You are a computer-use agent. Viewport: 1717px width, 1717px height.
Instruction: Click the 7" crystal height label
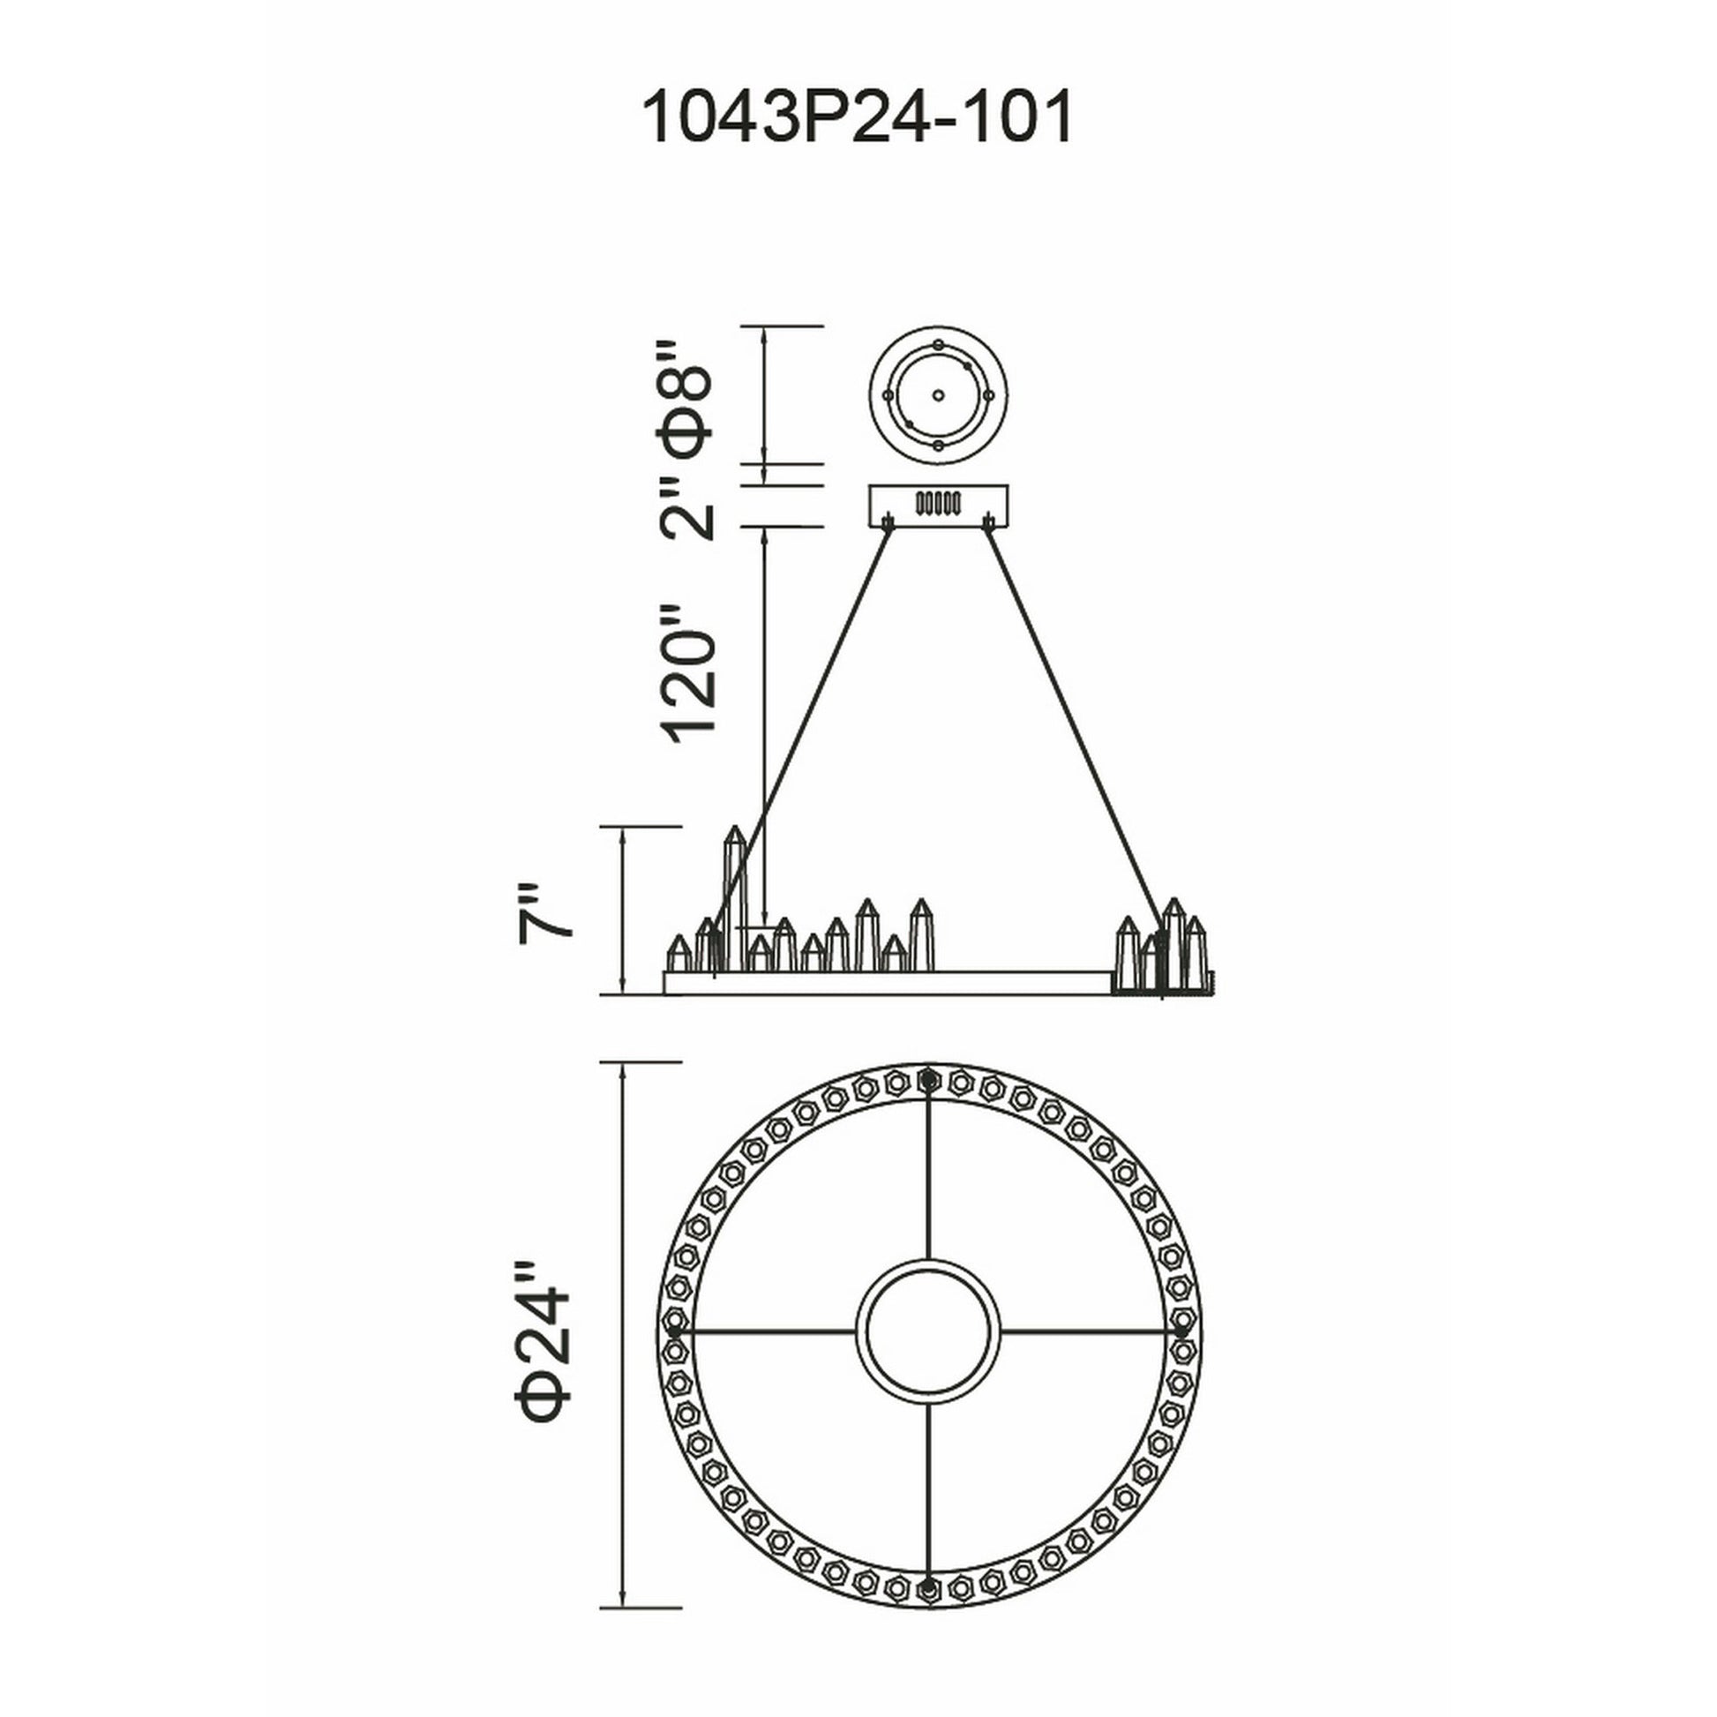[x=544, y=911]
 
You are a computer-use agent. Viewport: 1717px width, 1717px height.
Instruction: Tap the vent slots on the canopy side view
[x=939, y=503]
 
